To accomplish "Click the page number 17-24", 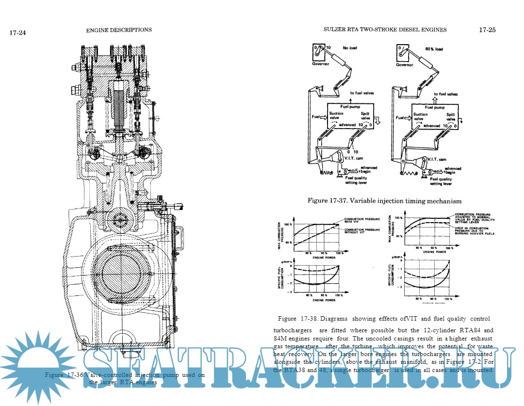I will (17, 32).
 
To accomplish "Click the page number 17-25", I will (487, 30).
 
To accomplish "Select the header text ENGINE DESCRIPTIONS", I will (119, 30).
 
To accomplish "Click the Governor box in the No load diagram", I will (318, 51).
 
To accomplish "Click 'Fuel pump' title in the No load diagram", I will (350, 108).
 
